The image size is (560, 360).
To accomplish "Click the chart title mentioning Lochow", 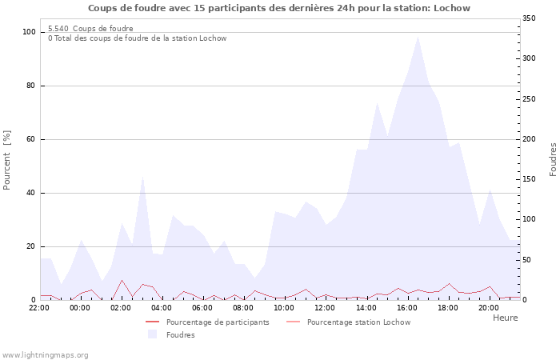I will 279,8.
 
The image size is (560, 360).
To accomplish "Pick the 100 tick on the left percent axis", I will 30,32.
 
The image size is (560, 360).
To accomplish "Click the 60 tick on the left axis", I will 32,139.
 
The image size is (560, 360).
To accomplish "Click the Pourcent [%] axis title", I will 8,160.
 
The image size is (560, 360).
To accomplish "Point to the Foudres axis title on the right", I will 553,159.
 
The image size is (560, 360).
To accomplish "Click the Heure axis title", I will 505,318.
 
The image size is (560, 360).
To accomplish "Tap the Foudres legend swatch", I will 152,335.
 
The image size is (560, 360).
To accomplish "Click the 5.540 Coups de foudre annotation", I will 90,29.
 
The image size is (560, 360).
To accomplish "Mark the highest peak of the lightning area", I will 418,37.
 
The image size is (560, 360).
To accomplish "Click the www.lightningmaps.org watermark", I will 45,354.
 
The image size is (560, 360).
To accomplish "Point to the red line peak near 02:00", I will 122,280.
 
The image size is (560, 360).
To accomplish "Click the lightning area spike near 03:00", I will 142,176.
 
